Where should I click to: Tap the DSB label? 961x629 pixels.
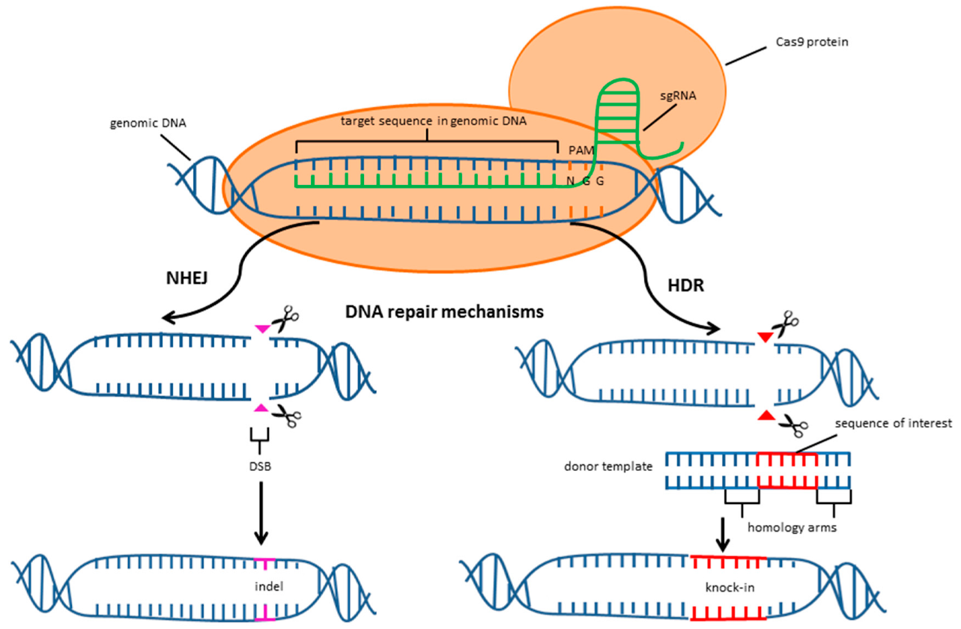[259, 465]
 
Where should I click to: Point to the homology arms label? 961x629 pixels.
[792, 526]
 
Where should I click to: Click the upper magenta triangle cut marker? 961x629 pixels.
[261, 329]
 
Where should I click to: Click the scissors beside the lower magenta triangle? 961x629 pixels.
[284, 415]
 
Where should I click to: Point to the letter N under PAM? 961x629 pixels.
[571, 180]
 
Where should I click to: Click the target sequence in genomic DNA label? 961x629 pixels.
[428, 122]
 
